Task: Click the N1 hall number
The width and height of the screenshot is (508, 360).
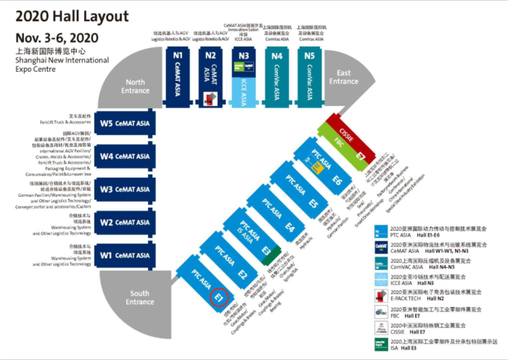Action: tap(177, 55)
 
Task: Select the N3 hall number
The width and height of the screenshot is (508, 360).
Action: tap(244, 55)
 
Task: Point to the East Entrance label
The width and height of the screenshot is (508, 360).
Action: tap(344, 77)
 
